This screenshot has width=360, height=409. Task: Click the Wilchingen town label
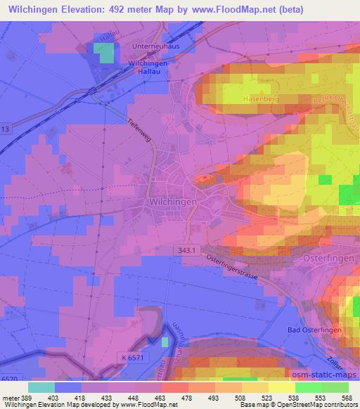point(172,201)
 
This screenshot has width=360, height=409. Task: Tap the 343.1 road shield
point(186,250)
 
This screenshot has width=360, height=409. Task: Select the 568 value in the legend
point(348,398)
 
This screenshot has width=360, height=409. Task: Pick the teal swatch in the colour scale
point(41,387)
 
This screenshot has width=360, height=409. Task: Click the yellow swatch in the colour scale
point(281,387)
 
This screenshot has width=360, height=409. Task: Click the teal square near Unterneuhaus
point(104,53)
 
